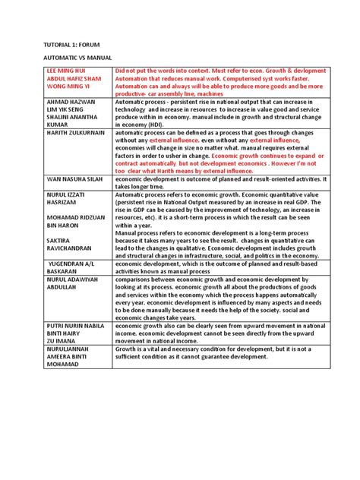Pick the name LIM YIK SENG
click(57, 111)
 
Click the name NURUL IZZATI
click(59, 194)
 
